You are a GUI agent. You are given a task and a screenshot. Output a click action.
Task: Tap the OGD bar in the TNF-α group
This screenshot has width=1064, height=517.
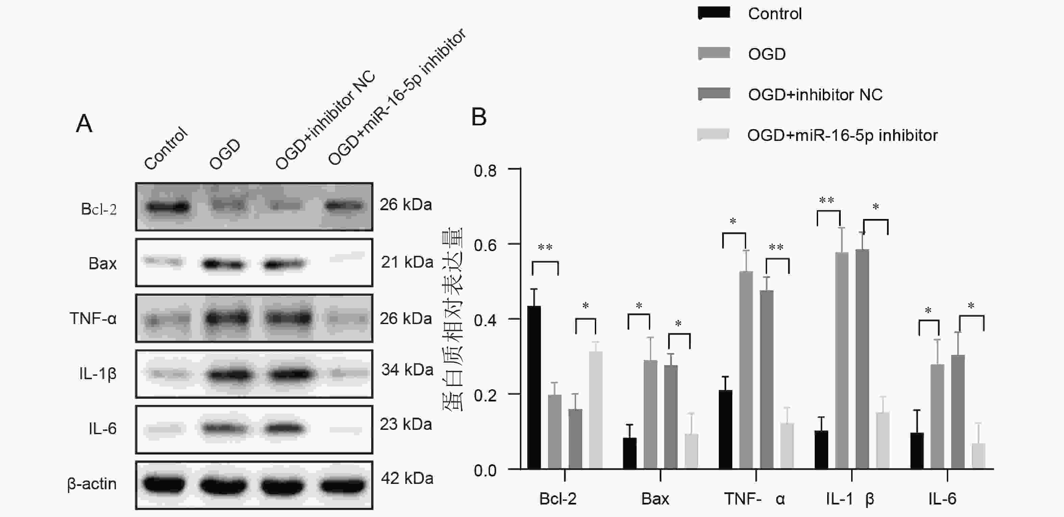(746, 370)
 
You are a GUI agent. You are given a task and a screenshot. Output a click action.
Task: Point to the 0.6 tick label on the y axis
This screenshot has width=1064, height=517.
(485, 245)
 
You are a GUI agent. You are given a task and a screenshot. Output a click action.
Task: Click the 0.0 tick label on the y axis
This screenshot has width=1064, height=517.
(485, 470)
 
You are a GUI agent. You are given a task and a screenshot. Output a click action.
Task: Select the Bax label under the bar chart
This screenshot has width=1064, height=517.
(655, 499)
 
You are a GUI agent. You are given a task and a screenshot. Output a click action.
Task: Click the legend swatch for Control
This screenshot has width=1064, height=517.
(714, 13)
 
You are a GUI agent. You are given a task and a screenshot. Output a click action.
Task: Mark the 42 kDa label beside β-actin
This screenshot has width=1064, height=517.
(407, 478)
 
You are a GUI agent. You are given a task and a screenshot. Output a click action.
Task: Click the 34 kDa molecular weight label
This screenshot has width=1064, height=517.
(407, 369)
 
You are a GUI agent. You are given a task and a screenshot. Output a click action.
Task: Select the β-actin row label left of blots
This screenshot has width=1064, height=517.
(92, 484)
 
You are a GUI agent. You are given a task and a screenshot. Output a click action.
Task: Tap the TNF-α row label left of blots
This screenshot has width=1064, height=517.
(93, 319)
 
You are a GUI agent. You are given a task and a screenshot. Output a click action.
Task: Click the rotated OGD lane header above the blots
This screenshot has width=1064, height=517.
(225, 154)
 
